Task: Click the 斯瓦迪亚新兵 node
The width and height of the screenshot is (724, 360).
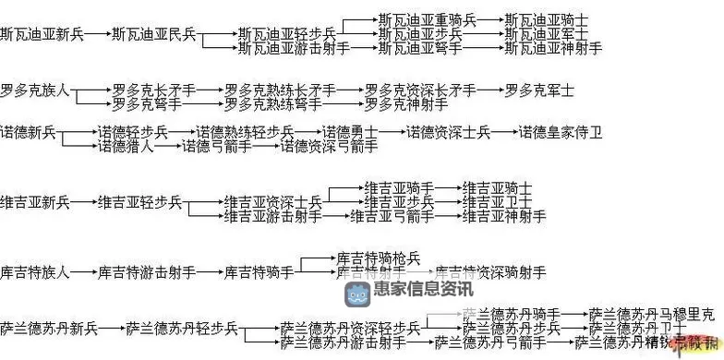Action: point(42,34)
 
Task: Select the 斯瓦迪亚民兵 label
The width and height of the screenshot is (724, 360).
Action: point(153,34)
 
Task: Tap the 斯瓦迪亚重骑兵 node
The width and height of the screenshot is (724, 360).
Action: point(428,19)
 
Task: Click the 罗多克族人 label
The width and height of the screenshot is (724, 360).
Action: point(35,90)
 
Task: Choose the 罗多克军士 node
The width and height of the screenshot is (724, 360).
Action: point(539,90)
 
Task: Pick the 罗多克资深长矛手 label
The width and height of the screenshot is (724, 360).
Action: point(420,90)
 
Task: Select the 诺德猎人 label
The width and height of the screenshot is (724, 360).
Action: point(126,146)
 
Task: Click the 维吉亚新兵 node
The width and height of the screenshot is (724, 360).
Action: point(35,201)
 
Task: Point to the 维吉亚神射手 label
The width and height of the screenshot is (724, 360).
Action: point(504,216)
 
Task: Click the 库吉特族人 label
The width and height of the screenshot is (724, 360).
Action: point(35,272)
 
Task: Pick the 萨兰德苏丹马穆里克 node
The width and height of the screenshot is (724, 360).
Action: point(651,314)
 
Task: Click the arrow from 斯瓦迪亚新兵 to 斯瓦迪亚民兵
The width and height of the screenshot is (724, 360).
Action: point(97,34)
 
